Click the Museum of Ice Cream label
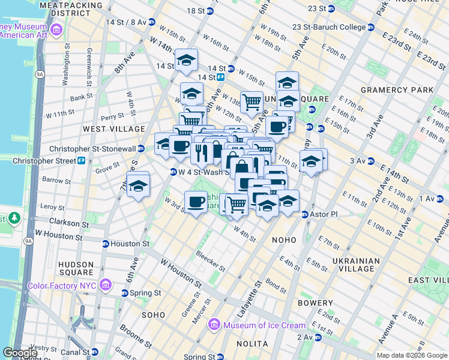[x=264, y=325]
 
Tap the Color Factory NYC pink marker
[x=106, y=283]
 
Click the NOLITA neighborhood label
[x=252, y=343]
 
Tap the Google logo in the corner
[x=20, y=353]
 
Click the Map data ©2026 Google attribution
[x=412, y=355]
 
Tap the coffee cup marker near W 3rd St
[x=196, y=202]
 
